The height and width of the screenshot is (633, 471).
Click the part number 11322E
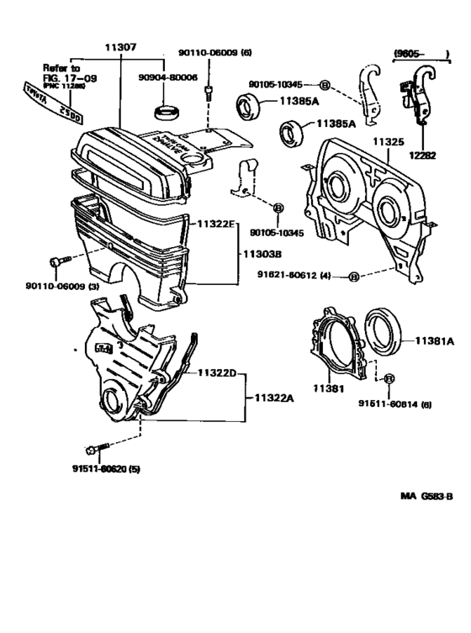[x=217, y=225]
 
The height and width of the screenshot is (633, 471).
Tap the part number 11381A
[x=433, y=340]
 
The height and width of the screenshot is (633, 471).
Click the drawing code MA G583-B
[x=426, y=497]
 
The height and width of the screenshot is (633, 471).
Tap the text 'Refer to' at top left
[x=61, y=66]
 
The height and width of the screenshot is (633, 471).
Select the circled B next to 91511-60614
[x=389, y=379]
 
